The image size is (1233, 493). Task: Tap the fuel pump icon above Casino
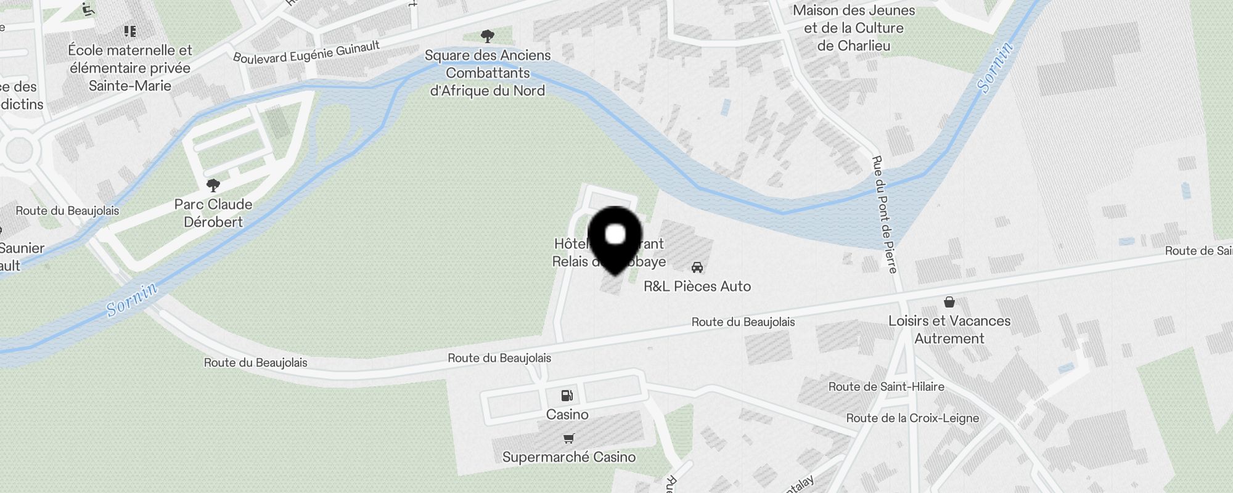567,396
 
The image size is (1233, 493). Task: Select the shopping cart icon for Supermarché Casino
568,439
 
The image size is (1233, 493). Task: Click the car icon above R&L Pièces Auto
697,267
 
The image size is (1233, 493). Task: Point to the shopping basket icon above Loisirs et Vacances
949,302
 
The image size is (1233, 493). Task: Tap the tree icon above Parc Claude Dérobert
213,185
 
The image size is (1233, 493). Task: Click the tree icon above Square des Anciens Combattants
487,36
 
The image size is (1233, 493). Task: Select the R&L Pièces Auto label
697,286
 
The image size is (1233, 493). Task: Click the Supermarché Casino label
568,457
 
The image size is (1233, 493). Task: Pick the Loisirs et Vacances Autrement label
949,330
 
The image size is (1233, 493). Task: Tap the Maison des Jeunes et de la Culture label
854,28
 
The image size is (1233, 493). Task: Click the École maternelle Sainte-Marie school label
130,68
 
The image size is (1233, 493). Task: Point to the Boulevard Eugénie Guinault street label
306,53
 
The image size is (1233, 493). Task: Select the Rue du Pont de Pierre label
883,214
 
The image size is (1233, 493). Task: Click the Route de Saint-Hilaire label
886,387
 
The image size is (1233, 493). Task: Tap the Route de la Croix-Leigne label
912,418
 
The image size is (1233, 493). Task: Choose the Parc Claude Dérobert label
213,213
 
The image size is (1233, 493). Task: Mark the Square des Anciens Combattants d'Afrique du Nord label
487,73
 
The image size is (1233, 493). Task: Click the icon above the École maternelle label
129,31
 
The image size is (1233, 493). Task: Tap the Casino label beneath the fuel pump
567,414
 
